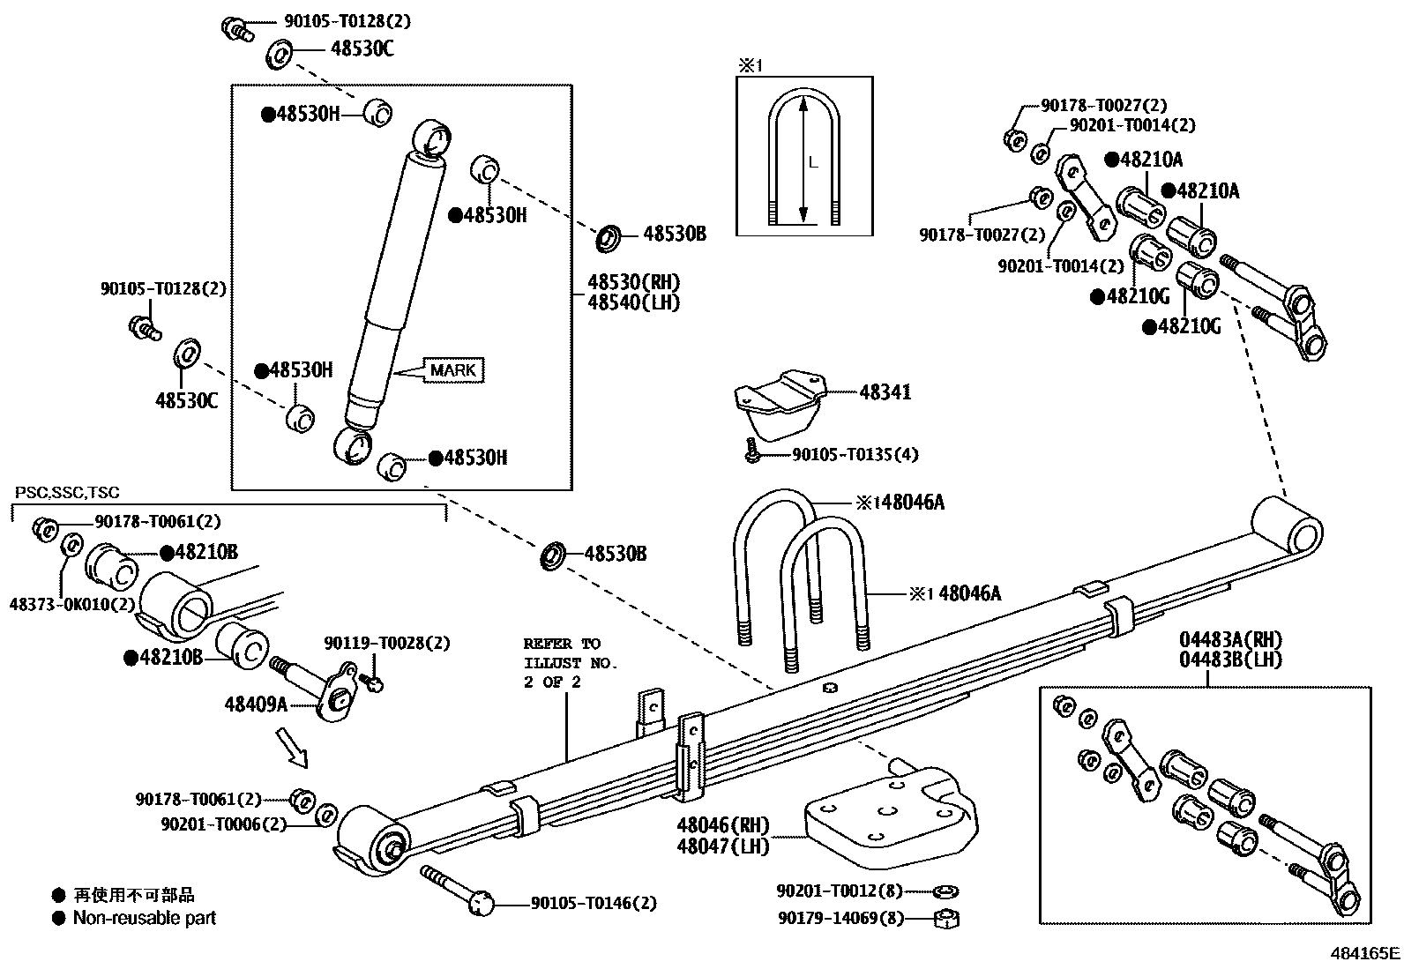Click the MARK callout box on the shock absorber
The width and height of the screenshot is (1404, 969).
click(x=454, y=370)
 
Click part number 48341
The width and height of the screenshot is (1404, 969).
click(x=885, y=393)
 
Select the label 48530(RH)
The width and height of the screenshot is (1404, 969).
click(x=633, y=283)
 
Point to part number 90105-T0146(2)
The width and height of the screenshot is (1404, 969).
click(x=594, y=903)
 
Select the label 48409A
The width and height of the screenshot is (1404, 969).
click(x=256, y=704)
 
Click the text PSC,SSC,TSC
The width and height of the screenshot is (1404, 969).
click(x=67, y=493)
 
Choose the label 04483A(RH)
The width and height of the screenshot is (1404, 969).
click(x=1231, y=640)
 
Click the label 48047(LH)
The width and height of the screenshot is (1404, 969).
click(x=723, y=846)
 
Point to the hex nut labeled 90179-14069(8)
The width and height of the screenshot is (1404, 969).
click(x=946, y=919)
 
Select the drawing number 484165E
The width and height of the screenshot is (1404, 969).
click(x=1365, y=953)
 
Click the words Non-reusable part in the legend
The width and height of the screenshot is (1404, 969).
click(x=144, y=918)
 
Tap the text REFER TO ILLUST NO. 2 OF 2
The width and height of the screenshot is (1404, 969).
click(x=570, y=662)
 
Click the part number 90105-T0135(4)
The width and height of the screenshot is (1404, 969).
click(x=855, y=455)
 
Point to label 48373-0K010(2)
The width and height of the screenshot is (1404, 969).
click(x=72, y=604)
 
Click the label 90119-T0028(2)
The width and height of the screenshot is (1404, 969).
click(x=386, y=644)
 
